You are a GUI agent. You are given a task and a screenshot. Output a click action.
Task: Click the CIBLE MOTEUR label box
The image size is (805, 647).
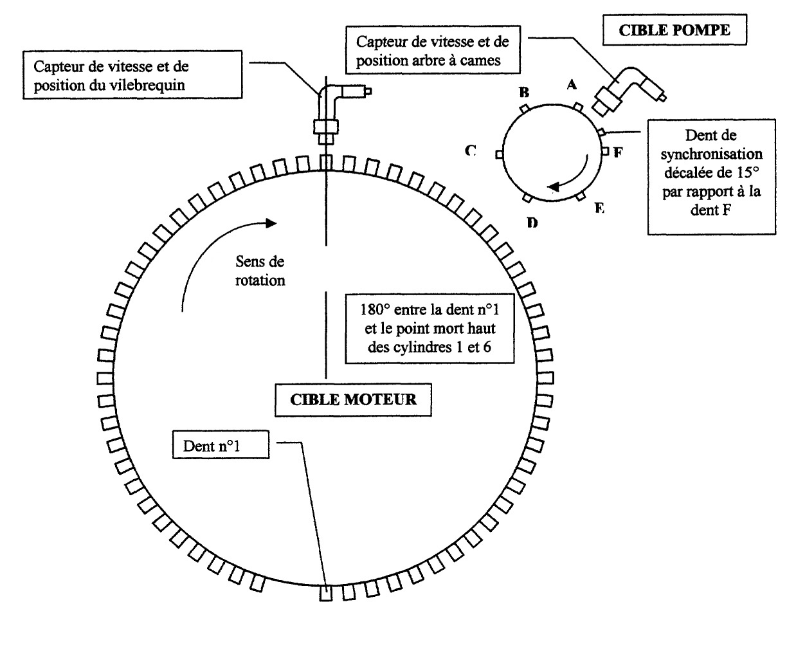pyautogui.click(x=353, y=399)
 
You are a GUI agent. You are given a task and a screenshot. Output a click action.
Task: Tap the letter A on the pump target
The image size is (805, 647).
pyautogui.click(x=570, y=84)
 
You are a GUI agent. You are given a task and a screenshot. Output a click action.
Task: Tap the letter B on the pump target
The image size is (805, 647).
pyautogui.click(x=524, y=91)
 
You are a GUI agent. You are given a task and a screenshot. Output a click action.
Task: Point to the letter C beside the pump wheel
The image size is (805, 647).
pyautogui.click(x=471, y=151)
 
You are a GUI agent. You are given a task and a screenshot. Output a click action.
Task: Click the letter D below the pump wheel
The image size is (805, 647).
pyautogui.click(x=532, y=223)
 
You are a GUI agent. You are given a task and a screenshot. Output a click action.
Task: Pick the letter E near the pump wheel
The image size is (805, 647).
pyautogui.click(x=599, y=208)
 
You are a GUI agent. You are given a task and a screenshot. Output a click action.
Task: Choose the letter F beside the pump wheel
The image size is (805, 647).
pyautogui.click(x=618, y=153)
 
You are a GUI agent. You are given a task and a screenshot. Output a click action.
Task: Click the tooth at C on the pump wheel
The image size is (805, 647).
pyautogui.click(x=498, y=154)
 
